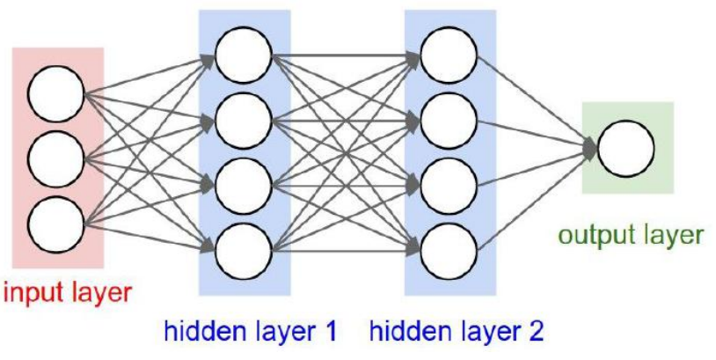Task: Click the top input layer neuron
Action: pos(56,96)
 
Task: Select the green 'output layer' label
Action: pos(632,236)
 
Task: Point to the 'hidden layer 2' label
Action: pos(457,332)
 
